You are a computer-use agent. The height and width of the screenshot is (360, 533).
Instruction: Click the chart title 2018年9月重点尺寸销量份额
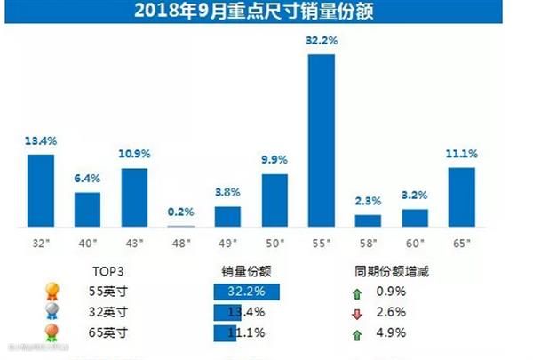pyautogui.click(x=266, y=12)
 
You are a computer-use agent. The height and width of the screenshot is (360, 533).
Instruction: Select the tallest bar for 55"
pyautogui.click(x=321, y=140)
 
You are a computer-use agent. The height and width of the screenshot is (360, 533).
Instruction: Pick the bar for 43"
pyautogui.click(x=134, y=196)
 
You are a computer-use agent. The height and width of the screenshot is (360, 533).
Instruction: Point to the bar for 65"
pyautogui.click(x=461, y=196)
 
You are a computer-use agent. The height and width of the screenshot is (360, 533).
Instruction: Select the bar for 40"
pyautogui.click(x=87, y=209)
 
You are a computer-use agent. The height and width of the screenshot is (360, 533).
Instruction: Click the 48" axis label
pyautogui.click(x=180, y=241)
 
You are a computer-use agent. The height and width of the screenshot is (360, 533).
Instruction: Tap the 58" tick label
pyautogui.click(x=368, y=241)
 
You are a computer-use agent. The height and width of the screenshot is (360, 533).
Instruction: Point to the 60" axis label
pyautogui.click(x=415, y=241)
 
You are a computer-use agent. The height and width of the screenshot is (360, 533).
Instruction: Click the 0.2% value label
pyautogui.click(x=180, y=212)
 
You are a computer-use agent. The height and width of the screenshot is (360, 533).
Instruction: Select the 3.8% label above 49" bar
pyautogui.click(x=227, y=192)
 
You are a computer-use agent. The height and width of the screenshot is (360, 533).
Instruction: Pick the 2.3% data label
pyautogui.click(x=368, y=201)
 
